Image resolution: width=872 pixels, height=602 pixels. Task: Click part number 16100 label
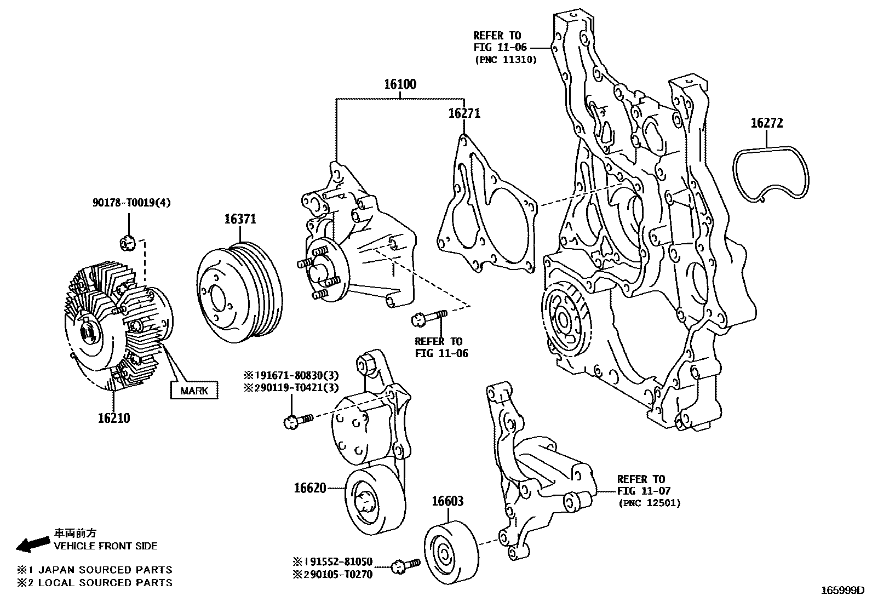pos(399,84)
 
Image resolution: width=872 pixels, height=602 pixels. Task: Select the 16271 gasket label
pos(464,113)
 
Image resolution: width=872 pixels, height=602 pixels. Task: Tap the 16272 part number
pos(766,123)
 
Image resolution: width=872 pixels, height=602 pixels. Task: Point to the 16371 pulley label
pos(240,219)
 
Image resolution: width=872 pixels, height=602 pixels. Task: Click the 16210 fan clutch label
pos(114,418)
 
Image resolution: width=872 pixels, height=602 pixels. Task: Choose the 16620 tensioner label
pos(310,488)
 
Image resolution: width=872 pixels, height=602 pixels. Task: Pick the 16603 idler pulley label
pos(448,501)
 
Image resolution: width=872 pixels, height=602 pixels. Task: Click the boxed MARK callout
pos(194,391)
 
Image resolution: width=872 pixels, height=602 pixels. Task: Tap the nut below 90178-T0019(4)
pos(127,242)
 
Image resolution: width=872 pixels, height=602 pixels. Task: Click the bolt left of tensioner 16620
pos(297,420)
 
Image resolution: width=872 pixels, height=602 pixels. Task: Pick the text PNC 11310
pos(505,59)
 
